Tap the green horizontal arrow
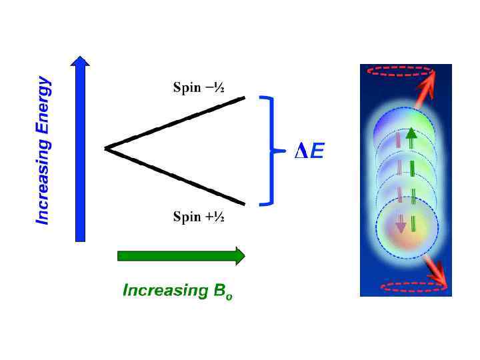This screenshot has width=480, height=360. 180,256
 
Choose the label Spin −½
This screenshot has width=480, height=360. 198,87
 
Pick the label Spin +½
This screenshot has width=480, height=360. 198,217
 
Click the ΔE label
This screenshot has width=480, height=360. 309,153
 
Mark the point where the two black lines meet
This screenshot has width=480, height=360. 105,148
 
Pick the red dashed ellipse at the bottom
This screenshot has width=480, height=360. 414,287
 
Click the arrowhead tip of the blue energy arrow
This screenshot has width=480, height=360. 80,58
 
